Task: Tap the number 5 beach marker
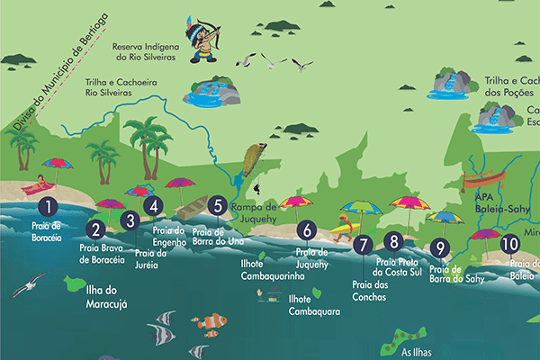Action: (216, 205)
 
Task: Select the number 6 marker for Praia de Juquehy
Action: (307, 230)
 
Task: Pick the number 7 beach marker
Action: (363, 243)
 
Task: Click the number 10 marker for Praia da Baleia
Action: (510, 243)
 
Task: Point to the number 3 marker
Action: (130, 220)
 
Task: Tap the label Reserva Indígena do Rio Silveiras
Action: (149, 51)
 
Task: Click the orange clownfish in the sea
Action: (212, 320)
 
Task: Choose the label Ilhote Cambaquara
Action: (313, 305)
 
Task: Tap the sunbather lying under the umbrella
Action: (37, 187)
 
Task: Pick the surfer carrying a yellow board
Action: (343, 227)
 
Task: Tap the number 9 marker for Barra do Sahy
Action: (440, 248)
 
